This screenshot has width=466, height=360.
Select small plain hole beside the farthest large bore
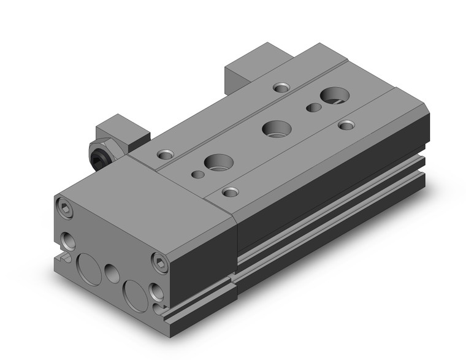pos(313,108)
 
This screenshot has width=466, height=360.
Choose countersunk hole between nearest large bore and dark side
pos(231,192)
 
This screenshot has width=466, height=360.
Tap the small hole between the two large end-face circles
pos(111,272)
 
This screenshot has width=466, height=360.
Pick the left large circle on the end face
pos(88,266)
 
